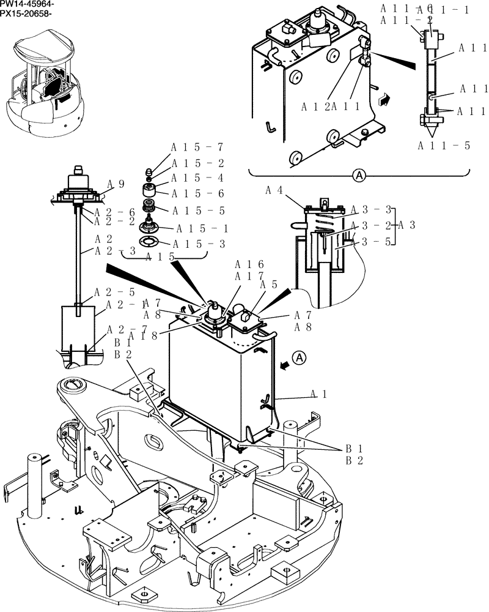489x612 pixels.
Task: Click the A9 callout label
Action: (116, 183)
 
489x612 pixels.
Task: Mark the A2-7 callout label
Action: (127, 330)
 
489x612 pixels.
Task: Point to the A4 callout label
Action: (274, 190)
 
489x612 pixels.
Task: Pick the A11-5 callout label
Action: (444, 145)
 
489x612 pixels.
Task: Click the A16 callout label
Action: (249, 264)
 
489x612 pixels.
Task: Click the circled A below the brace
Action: (359, 176)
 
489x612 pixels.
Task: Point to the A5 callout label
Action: (267, 284)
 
